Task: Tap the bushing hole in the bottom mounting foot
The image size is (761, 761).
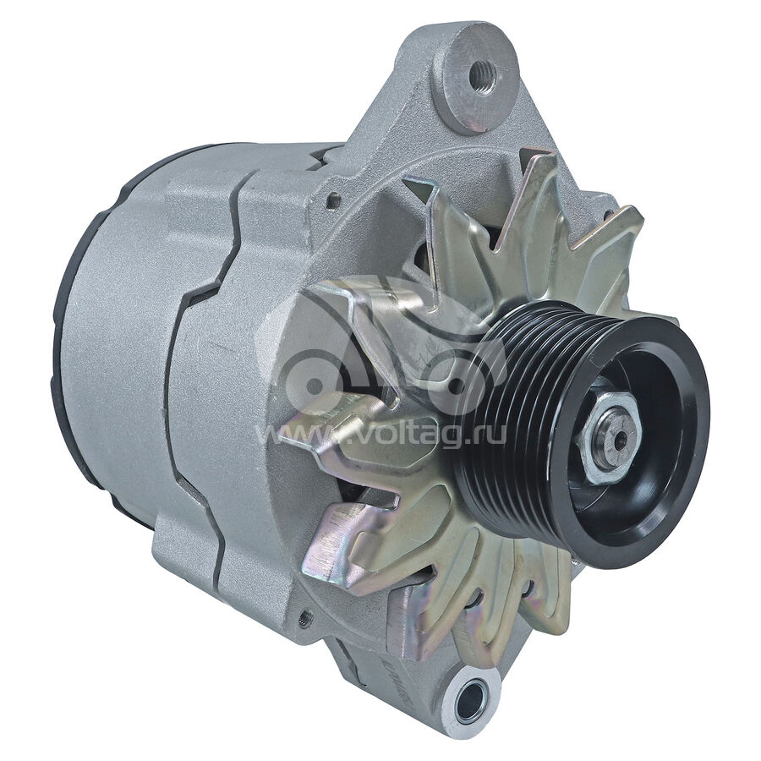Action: pos(470,699)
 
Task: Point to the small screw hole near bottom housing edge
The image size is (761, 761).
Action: pos(304,617)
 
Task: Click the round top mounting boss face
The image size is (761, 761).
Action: pos(480,78)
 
